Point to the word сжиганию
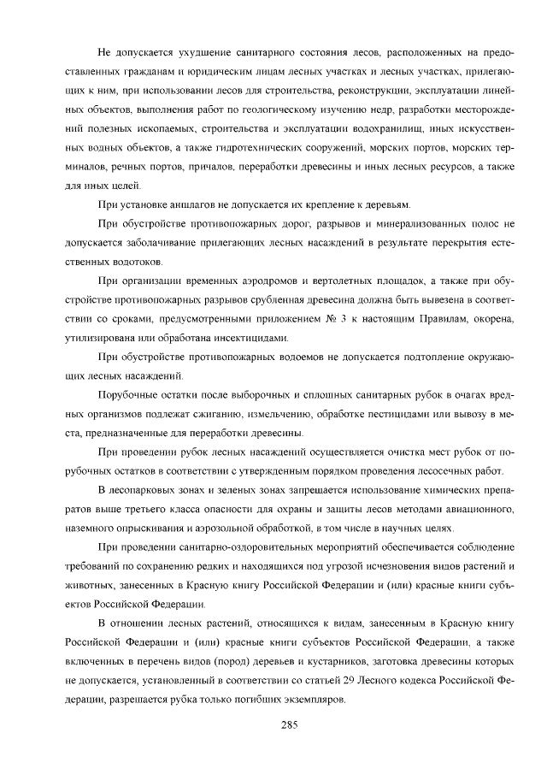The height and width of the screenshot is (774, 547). (223, 414)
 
